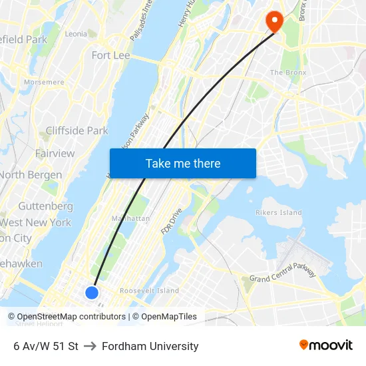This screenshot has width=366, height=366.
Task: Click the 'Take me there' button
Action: click(182, 163)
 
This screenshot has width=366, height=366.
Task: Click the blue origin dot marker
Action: click(92, 292)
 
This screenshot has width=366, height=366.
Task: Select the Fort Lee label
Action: click(110, 55)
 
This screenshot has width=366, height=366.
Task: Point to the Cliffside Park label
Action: click(77, 130)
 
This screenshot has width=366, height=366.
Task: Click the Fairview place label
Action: click(55, 153)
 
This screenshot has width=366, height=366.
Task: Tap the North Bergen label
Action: click(31, 175)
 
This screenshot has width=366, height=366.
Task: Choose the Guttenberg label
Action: click(45, 206)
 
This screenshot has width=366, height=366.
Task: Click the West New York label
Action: click(35, 222)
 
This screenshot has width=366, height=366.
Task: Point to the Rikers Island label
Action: click(279, 213)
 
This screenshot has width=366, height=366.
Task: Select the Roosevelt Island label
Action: click(149, 291)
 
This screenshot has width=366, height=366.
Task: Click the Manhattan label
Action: click(130, 218)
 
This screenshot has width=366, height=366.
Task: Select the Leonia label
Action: click(76, 34)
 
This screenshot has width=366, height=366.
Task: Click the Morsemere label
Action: click(44, 83)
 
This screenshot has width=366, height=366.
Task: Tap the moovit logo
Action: click(325, 345)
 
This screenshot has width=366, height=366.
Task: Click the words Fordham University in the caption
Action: click(150, 346)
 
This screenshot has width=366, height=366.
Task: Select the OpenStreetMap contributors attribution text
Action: click(71, 317)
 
